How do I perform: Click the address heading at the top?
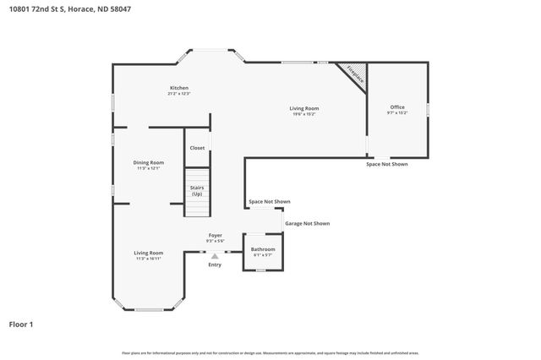pyautogui.click(x=58, y=9)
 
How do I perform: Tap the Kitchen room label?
pyautogui.click(x=178, y=88)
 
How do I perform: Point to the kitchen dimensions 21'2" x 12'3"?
pyautogui.click(x=178, y=94)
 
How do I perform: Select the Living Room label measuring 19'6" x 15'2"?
pyautogui.click(x=304, y=108)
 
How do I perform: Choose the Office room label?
pyautogui.click(x=397, y=107)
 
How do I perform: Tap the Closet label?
pyautogui.click(x=197, y=148)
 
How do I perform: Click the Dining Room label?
pyautogui.click(x=149, y=162)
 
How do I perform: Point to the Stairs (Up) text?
pyautogui.click(x=197, y=190)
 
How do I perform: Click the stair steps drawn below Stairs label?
pyautogui.click(x=197, y=209)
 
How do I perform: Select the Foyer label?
pyautogui.click(x=215, y=236)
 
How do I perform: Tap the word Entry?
pyautogui.click(x=215, y=265)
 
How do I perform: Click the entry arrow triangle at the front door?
pyautogui.click(x=215, y=255)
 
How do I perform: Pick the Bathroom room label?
pyautogui.click(x=262, y=249)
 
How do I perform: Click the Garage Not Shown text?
pyautogui.click(x=307, y=224)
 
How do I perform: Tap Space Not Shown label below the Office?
pyautogui.click(x=386, y=164)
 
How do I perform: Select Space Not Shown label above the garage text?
pyautogui.click(x=270, y=202)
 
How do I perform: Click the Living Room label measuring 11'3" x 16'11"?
pyautogui.click(x=149, y=253)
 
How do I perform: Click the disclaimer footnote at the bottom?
pyautogui.click(x=270, y=352)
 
